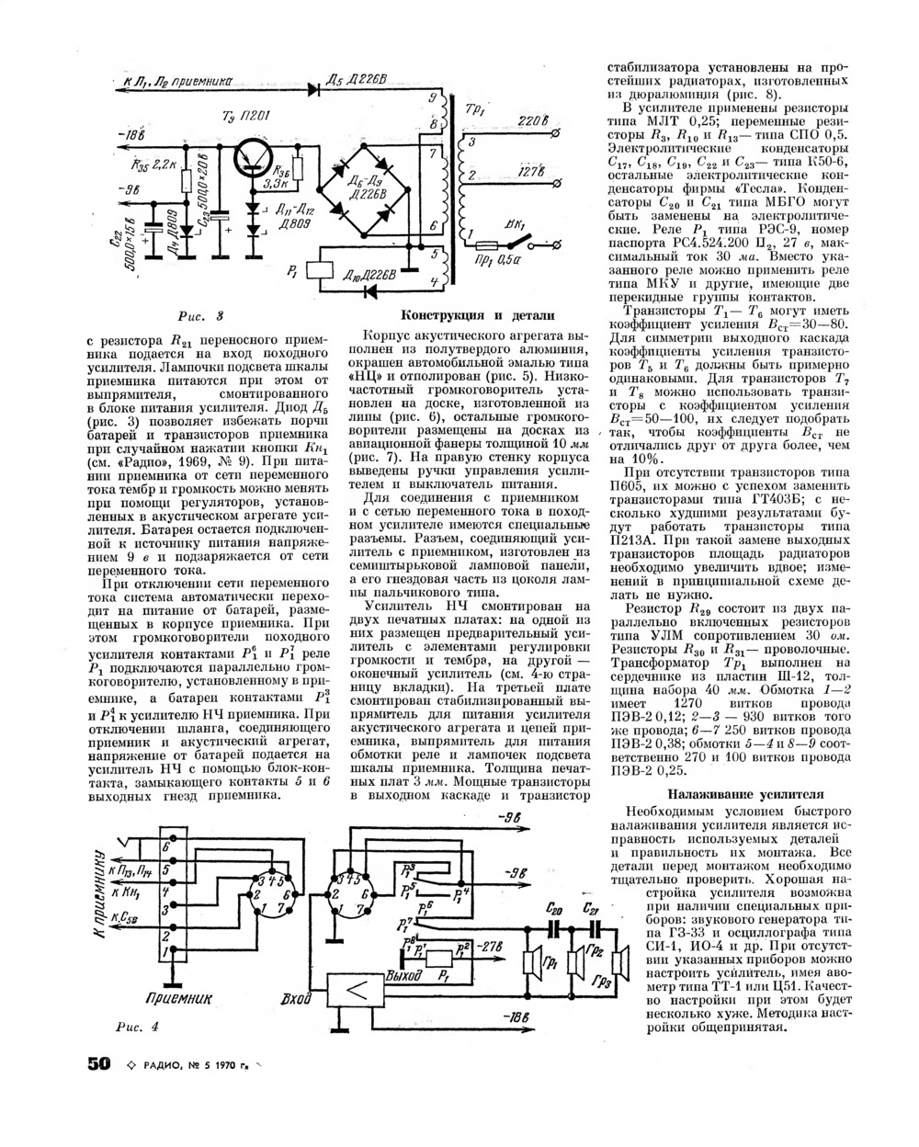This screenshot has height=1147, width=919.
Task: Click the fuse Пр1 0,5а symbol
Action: coord(489,244)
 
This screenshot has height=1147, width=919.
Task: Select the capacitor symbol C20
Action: coord(552,928)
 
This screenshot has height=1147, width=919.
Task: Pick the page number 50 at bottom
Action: coord(98,1064)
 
